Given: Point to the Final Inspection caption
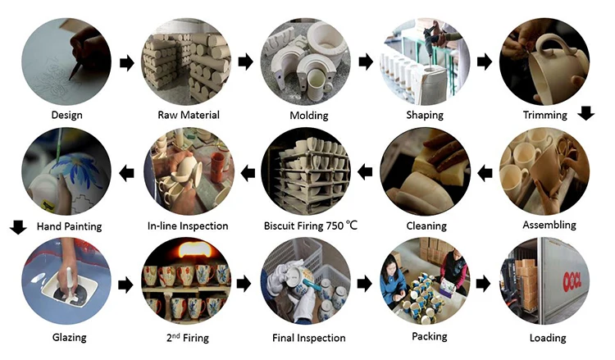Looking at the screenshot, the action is tap(308, 337).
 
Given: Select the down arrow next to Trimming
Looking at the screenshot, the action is tap(585, 114).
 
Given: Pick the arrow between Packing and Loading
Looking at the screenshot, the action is tap(485, 285).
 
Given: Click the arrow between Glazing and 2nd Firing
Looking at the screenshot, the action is tap(125, 285).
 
